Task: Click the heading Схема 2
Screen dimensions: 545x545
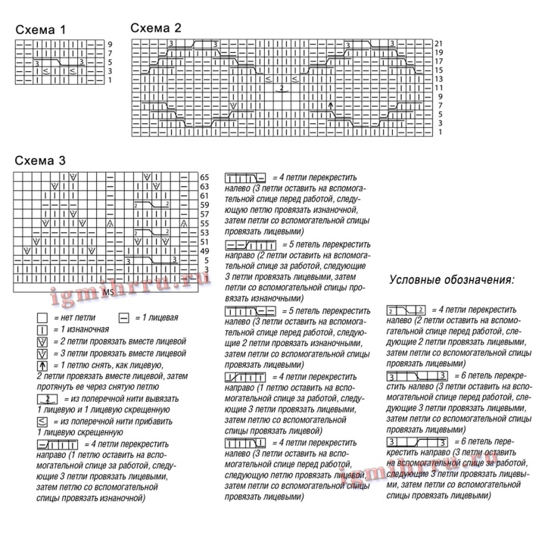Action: pos(156,27)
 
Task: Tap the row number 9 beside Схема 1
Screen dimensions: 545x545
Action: pos(110,44)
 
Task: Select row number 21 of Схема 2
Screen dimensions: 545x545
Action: pos(439,44)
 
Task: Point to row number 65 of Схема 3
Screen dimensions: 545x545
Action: pos(204,176)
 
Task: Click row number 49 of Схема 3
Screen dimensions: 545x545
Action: pos(204,251)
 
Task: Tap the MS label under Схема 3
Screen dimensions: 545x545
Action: pos(108,291)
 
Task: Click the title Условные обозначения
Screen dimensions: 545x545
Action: pos(451,279)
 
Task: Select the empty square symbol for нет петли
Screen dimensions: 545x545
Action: pos(42,318)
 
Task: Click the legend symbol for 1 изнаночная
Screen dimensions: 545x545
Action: pos(42,329)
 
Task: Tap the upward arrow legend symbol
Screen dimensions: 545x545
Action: pos(42,365)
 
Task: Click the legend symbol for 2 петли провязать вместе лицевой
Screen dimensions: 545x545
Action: pos(42,341)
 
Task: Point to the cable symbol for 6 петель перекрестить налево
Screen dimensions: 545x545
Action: pos(417,376)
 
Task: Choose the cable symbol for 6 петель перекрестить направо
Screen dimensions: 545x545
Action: pos(417,441)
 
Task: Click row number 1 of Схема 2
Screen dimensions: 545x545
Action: pos(439,132)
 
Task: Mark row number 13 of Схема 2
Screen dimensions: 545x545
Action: pos(439,79)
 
